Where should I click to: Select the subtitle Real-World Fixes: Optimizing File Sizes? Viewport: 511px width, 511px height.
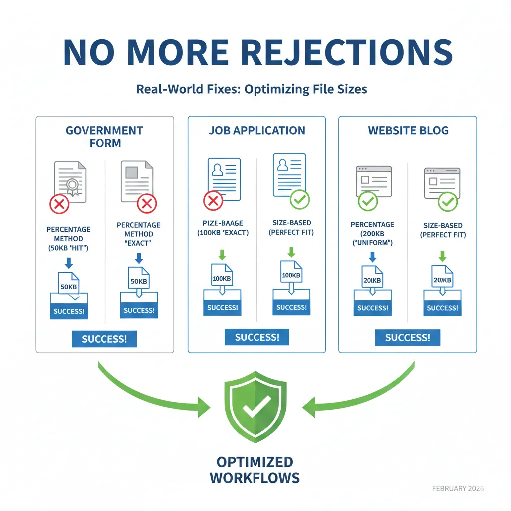252,90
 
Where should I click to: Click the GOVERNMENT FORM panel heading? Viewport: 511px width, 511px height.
105,137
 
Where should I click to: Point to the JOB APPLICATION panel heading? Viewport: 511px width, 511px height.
257,131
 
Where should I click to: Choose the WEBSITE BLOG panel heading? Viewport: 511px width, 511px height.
408,131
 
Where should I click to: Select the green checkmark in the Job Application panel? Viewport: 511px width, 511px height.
300,200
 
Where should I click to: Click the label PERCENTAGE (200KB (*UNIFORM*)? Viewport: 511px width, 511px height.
372,233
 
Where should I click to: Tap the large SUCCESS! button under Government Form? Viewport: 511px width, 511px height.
104,339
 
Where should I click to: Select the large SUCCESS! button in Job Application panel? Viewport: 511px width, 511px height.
257,337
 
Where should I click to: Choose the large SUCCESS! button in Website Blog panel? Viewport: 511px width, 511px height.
408,338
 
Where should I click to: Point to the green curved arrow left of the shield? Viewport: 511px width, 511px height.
150,389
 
